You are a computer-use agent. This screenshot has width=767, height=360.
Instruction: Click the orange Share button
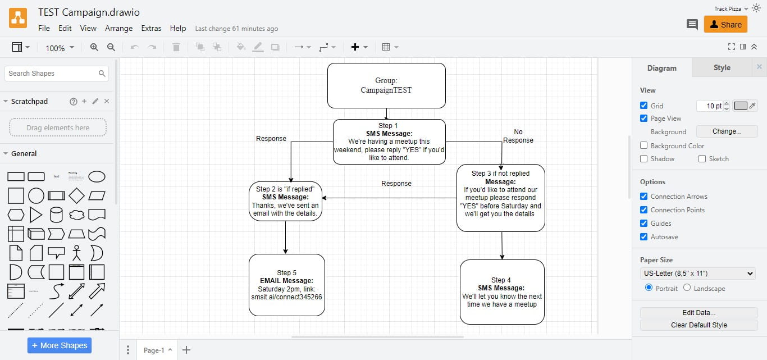(725, 24)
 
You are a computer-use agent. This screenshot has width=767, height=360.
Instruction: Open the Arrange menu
(118, 28)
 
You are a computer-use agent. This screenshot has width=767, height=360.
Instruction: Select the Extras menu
(151, 28)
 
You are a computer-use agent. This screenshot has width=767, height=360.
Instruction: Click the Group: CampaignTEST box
(386, 85)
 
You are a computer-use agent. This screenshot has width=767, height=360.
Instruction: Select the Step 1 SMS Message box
(389, 142)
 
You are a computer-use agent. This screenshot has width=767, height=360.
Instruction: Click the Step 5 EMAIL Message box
(286, 285)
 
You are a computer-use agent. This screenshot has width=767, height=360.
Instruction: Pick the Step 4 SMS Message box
(502, 291)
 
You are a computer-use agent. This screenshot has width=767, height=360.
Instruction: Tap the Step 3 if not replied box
(500, 198)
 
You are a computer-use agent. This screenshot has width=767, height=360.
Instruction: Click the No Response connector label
(518, 136)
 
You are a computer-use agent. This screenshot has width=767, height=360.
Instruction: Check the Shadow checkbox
(644, 159)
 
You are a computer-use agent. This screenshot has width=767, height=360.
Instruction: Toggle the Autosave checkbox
(644, 237)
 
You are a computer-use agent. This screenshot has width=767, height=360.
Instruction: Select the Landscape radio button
(687, 288)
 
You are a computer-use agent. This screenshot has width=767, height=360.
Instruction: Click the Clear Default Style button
(698, 325)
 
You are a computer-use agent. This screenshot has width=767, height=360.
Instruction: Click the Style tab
(722, 68)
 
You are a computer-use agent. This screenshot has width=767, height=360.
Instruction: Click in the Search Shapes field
(52, 74)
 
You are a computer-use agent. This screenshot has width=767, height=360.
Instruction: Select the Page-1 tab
(154, 350)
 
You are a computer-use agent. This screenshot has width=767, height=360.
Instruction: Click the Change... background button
(727, 131)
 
